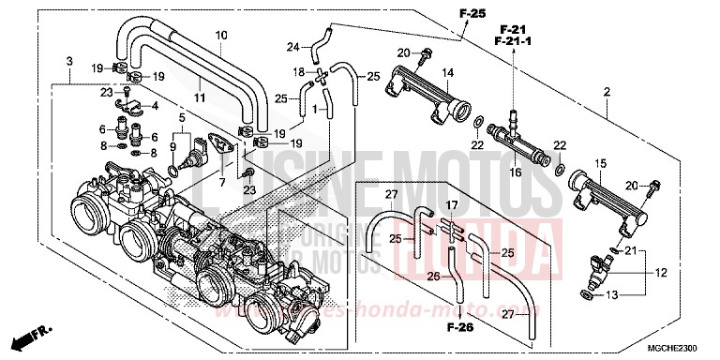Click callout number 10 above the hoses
click(x=221, y=36)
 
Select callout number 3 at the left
click(x=69, y=61)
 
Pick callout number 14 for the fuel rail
click(x=448, y=72)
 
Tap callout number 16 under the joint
click(x=515, y=172)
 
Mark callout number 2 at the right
click(x=607, y=92)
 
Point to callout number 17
click(x=451, y=204)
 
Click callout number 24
click(x=292, y=47)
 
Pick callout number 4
click(x=156, y=106)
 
